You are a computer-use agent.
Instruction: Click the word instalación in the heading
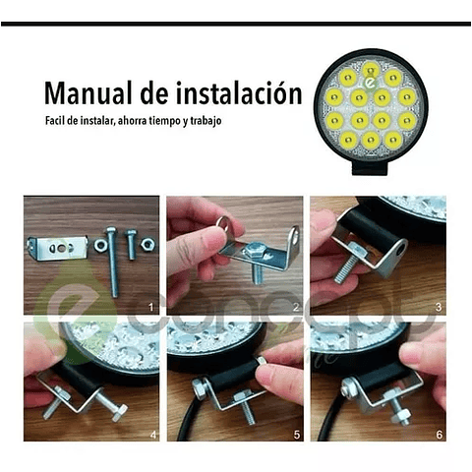pos(239,93)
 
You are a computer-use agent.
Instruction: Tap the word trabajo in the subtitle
pos(206,121)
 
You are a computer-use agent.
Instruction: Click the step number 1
pos(150,308)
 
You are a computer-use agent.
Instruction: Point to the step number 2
pos(296,308)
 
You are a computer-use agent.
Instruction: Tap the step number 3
pos(439,308)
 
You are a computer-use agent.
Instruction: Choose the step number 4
pos(152,435)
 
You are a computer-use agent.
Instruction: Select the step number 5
pos(296,435)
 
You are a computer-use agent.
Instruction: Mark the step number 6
pos(440,435)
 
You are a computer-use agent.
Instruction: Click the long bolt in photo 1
pos(112,262)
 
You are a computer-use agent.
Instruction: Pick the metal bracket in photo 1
pos(58,248)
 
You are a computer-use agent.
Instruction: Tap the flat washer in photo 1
pos(99,245)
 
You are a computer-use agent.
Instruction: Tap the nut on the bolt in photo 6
pos(400,416)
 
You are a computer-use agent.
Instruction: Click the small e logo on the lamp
pos(371,84)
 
